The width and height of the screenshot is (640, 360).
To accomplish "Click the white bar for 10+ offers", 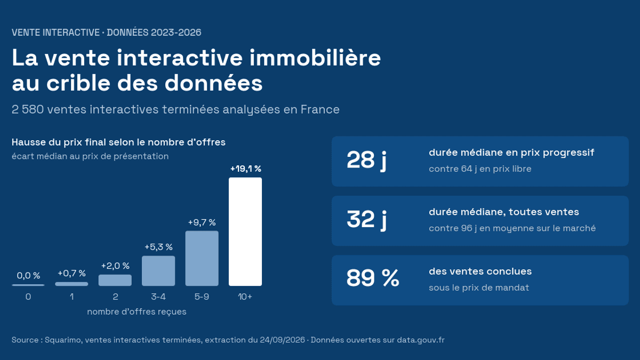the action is [x=245, y=231].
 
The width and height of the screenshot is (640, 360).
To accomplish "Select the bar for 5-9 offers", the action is [x=202, y=258].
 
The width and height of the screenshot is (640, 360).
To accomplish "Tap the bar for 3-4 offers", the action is [x=158, y=271].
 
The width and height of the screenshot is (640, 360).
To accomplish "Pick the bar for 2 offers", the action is [x=115, y=281].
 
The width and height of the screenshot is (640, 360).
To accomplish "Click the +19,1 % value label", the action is [x=246, y=169].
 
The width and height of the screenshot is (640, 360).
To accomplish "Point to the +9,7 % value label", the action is [x=202, y=222].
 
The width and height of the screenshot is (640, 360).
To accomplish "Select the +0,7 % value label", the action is [x=71, y=274].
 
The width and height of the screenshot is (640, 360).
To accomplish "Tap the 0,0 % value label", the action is [x=28, y=275].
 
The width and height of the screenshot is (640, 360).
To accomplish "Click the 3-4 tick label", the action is [x=158, y=297].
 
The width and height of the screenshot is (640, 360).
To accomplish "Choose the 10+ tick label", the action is [x=245, y=297].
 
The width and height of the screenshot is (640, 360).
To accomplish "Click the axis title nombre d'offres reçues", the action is [x=137, y=311].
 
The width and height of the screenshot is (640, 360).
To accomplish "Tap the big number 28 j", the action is [x=366, y=160].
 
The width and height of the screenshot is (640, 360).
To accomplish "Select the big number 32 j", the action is [x=366, y=219].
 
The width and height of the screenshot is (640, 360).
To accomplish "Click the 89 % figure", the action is [x=373, y=278].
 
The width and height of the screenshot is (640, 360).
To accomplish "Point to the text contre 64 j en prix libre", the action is [x=480, y=169].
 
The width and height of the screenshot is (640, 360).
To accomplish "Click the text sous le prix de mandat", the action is [x=479, y=287].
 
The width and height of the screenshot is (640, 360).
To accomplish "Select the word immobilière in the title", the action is [x=315, y=58].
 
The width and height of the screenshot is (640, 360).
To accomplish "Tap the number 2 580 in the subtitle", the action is [x=28, y=109].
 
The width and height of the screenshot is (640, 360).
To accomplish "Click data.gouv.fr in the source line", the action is [x=421, y=340].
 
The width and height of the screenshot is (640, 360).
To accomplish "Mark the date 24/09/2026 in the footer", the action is [x=282, y=340].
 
